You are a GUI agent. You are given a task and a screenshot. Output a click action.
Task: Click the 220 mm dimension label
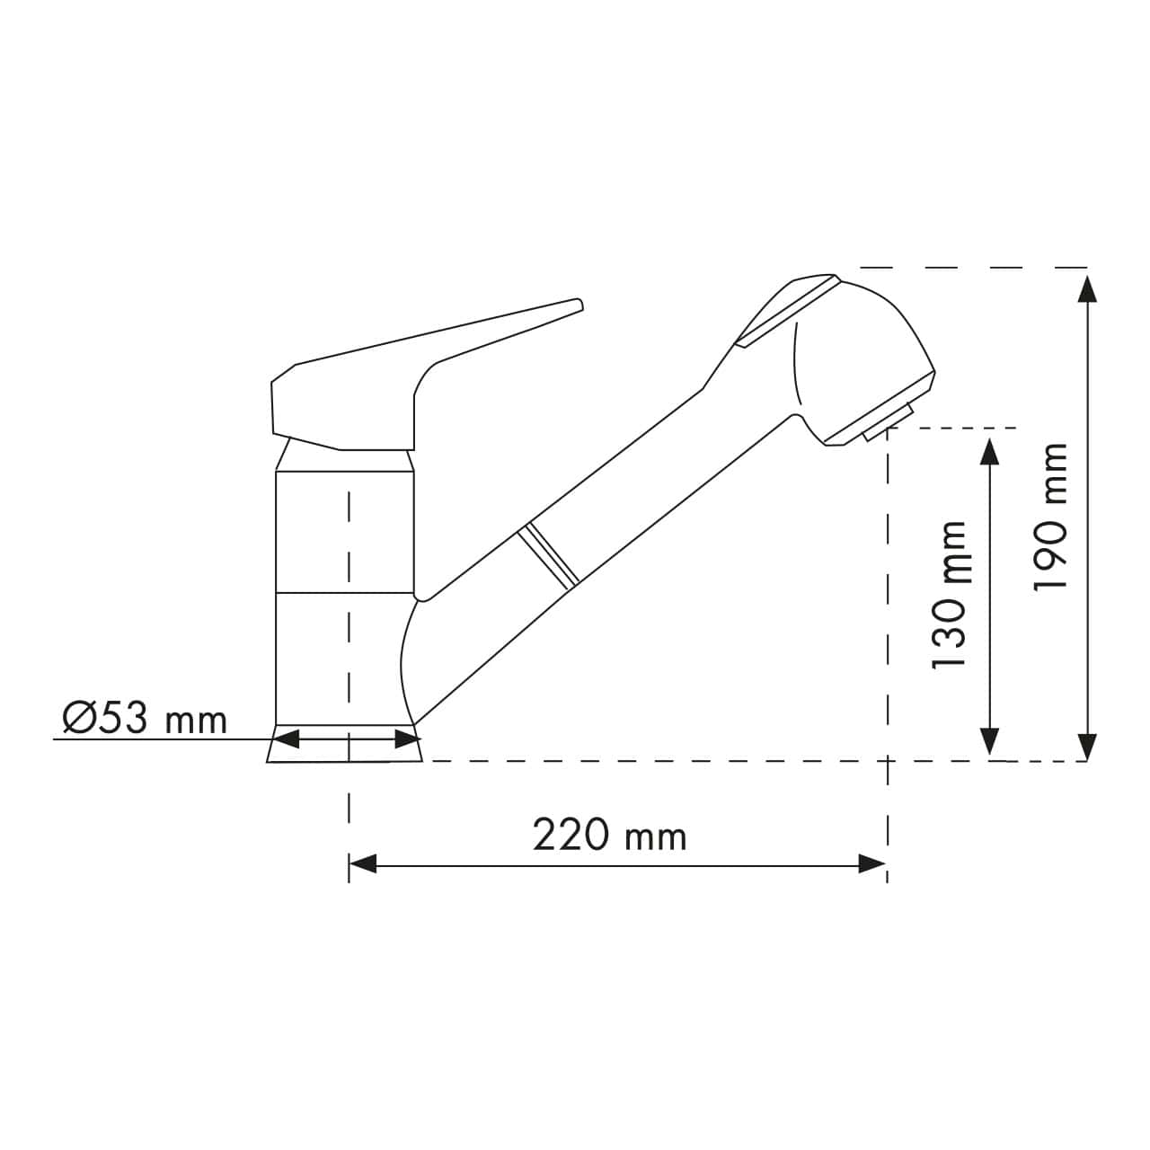tap(609, 836)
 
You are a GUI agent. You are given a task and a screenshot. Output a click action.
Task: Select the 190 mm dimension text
tap(1050, 516)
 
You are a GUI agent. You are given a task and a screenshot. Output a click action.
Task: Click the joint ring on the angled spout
tap(547, 556)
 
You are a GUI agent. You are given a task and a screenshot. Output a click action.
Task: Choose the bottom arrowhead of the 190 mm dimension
tap(1087, 746)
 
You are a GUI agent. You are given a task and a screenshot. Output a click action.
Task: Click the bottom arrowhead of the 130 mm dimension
tap(989, 741)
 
